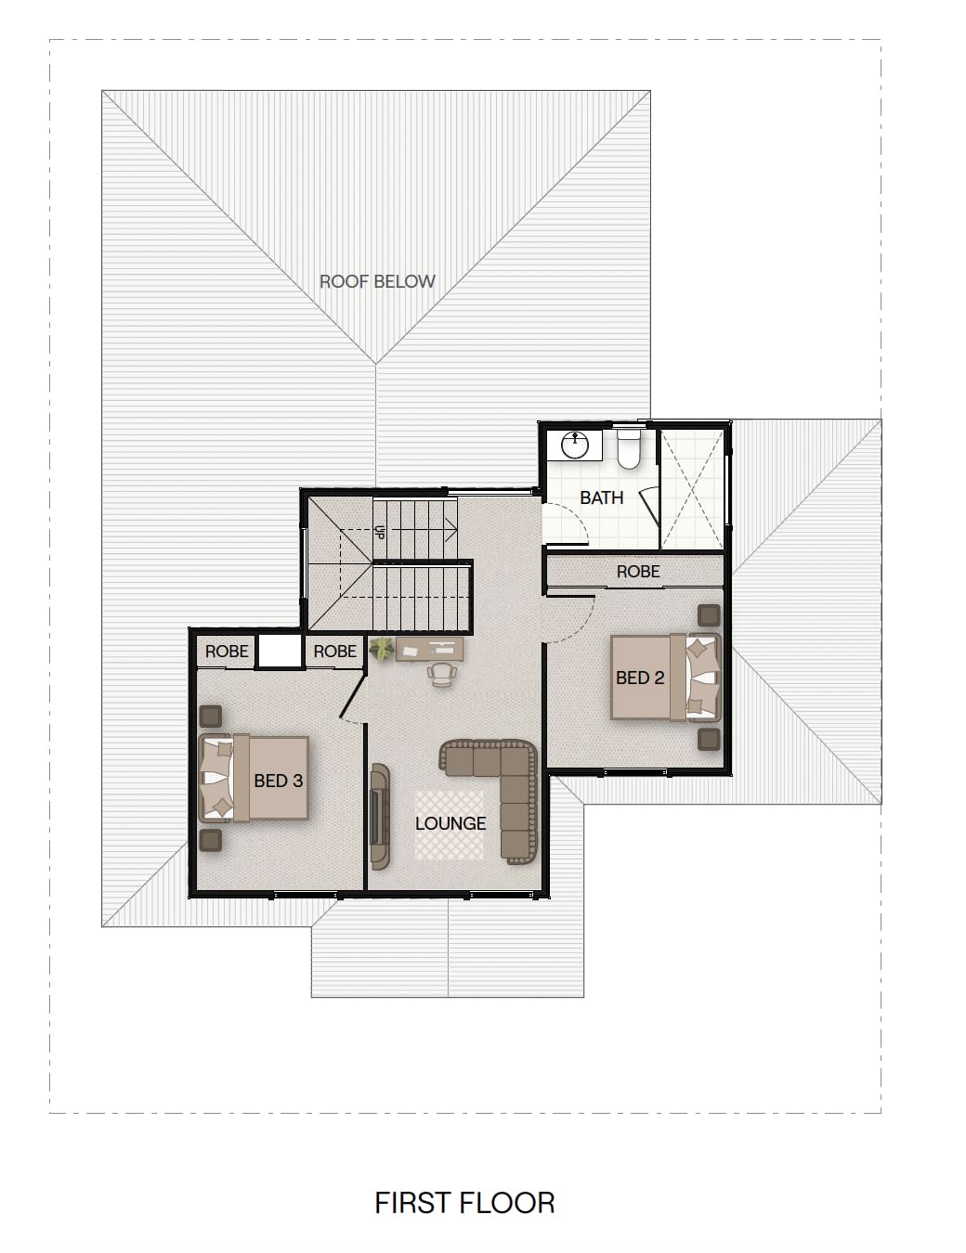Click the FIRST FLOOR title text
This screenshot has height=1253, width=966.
pyautogui.click(x=464, y=1203)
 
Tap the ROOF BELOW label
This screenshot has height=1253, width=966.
pyautogui.click(x=377, y=281)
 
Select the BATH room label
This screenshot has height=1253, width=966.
pyautogui.click(x=601, y=497)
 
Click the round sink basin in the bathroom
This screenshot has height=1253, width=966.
pyautogui.click(x=575, y=445)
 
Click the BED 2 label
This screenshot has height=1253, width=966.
pyautogui.click(x=640, y=678)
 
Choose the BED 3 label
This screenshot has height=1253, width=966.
pyautogui.click(x=278, y=781)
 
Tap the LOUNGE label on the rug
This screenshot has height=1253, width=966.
pyautogui.click(x=450, y=823)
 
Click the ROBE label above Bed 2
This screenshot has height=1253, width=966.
pyautogui.click(x=637, y=572)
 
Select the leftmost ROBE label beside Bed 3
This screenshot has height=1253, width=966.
pyautogui.click(x=227, y=652)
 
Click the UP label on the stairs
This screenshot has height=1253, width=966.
pyautogui.click(x=380, y=531)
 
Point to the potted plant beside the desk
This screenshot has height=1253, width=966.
pyautogui.click(x=382, y=649)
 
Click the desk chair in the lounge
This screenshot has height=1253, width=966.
pyautogui.click(x=442, y=675)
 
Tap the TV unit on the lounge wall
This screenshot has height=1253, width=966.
pyautogui.click(x=379, y=817)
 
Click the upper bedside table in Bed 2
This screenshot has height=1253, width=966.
pyautogui.click(x=709, y=616)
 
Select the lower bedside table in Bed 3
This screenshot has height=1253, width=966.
pyautogui.click(x=210, y=841)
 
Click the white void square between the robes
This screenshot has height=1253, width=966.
pyautogui.click(x=280, y=651)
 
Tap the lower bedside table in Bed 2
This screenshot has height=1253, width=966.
pyautogui.click(x=709, y=740)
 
